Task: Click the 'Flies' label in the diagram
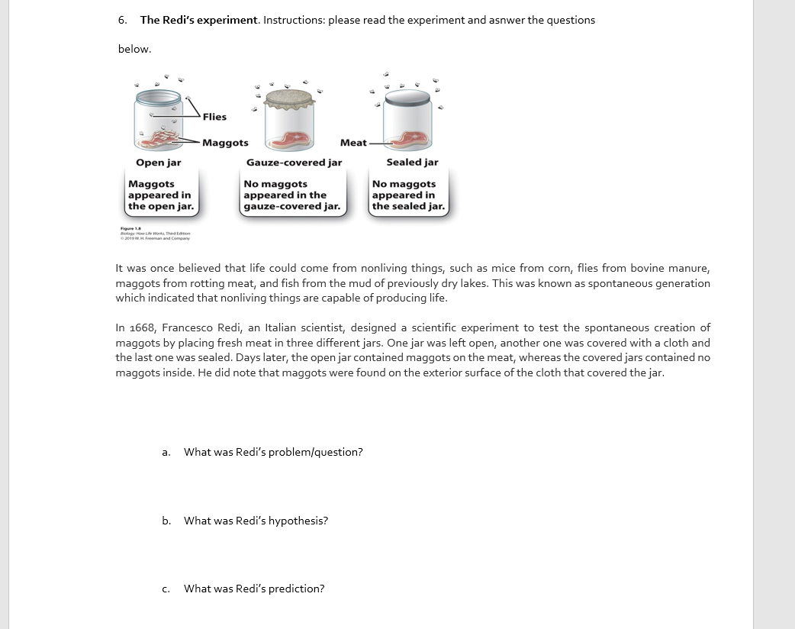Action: [x=214, y=117]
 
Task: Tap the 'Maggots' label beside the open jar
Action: [x=225, y=143]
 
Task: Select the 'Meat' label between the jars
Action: [x=353, y=143]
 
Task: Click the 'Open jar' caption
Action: [x=159, y=163]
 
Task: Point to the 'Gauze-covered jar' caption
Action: [x=294, y=163]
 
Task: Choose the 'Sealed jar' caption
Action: [x=412, y=162]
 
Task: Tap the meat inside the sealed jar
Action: [x=412, y=138]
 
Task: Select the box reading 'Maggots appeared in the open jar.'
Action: [x=160, y=195]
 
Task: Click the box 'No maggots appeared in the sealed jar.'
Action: [x=408, y=195]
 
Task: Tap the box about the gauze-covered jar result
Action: [x=291, y=195]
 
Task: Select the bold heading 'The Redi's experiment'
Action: [x=199, y=20]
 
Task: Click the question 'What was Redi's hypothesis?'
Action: [x=256, y=521]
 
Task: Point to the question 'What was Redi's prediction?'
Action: [x=254, y=589]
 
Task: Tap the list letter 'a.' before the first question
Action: [x=166, y=453]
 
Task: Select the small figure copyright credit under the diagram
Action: [x=155, y=234]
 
